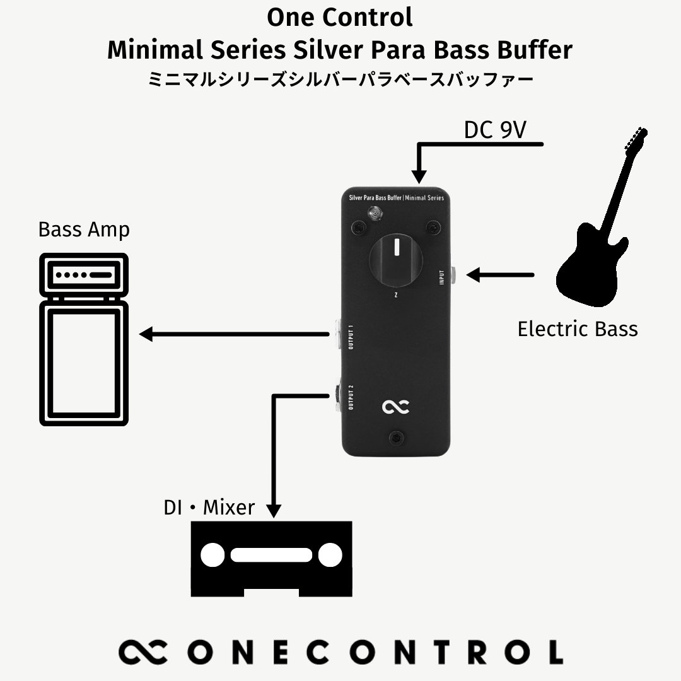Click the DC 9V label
click(x=495, y=130)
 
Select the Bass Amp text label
click(x=84, y=229)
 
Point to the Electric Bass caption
click(x=577, y=329)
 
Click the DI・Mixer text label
click(x=209, y=507)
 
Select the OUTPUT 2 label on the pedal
click(x=351, y=398)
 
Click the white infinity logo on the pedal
click(x=397, y=409)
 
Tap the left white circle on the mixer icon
click(x=212, y=555)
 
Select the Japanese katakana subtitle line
click(x=340, y=80)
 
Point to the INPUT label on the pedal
click(x=442, y=278)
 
